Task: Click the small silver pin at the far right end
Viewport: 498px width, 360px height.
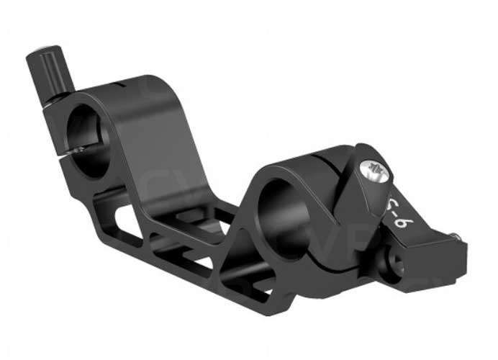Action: pos(459,234)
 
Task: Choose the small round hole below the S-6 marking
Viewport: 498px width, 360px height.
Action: pos(391,255)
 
